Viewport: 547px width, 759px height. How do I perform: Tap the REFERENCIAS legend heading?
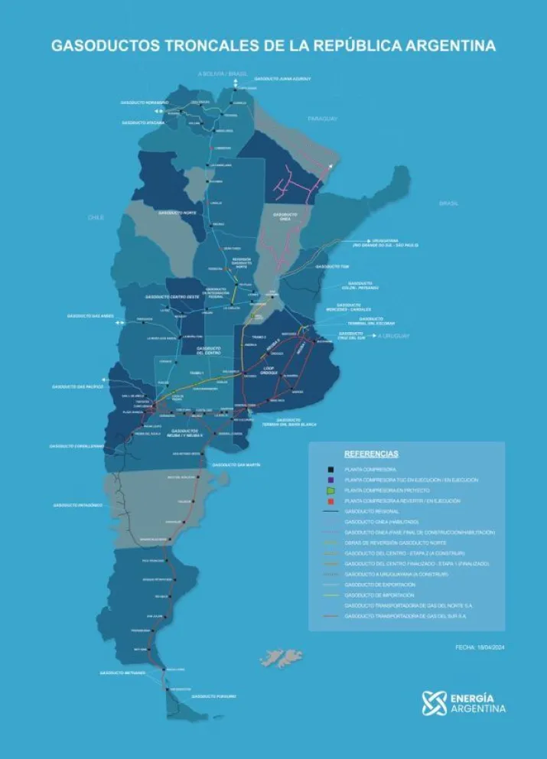click(371, 454)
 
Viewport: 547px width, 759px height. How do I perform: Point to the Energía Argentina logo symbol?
click(434, 702)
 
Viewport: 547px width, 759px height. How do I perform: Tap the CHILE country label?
click(95, 217)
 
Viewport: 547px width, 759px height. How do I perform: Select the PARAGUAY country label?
click(322, 119)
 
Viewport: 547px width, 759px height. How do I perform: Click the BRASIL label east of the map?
click(448, 203)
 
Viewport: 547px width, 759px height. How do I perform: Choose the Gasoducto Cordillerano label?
click(77, 446)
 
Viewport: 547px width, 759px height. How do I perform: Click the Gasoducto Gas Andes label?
click(89, 315)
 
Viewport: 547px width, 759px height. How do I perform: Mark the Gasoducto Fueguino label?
click(213, 696)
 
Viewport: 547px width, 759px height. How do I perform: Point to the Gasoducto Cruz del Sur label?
click(350, 335)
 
